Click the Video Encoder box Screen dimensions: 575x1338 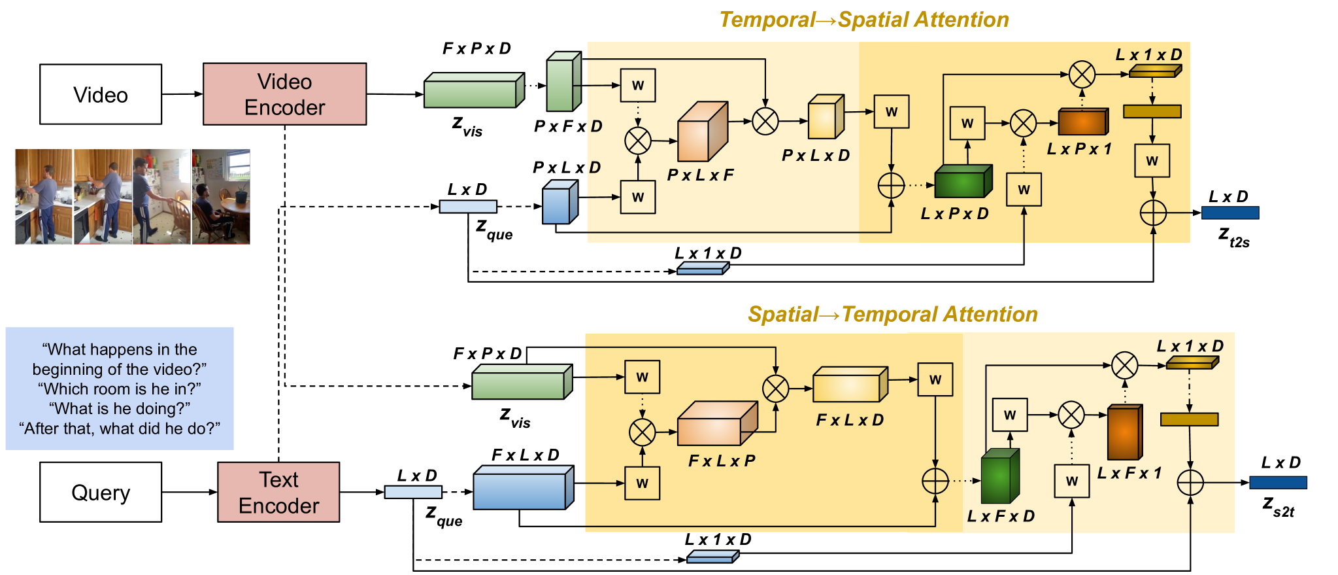[x=284, y=94]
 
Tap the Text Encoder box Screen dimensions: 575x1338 [x=278, y=492]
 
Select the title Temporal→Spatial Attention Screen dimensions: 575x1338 [x=863, y=20]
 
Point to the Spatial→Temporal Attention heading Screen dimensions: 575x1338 [x=892, y=315]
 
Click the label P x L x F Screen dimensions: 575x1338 [x=700, y=175]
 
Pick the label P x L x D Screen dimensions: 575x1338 [x=815, y=156]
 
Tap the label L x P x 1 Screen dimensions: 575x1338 [x=1079, y=149]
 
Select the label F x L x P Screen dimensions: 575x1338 [x=721, y=461]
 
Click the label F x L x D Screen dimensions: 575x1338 [x=849, y=420]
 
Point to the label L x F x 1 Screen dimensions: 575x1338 [x=1129, y=473]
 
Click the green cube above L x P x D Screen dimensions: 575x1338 [x=963, y=182]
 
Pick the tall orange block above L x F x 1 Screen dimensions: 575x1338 [x=1124, y=432]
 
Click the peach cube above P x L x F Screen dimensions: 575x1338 [x=702, y=132]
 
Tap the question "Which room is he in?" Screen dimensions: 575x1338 [x=120, y=389]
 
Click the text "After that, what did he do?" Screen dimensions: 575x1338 [x=120, y=428]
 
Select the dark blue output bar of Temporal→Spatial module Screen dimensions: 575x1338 [x=1229, y=213]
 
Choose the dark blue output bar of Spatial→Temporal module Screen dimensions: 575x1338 [x=1278, y=483]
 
